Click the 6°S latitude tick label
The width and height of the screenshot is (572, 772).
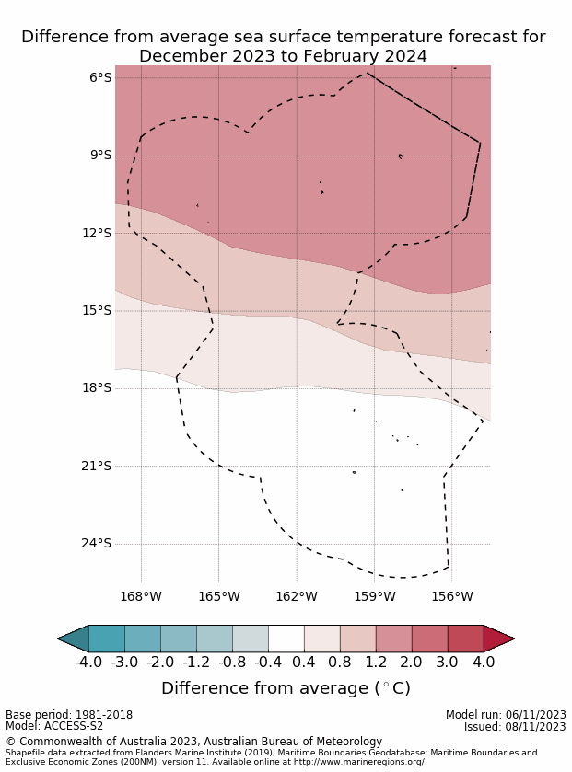click(x=100, y=77)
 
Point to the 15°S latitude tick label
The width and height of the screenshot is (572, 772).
click(x=97, y=310)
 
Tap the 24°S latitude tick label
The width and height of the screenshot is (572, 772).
click(x=97, y=543)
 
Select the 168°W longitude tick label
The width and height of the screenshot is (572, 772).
click(x=141, y=596)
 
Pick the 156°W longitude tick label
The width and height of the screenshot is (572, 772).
click(x=451, y=596)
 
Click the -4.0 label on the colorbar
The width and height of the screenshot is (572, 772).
click(x=88, y=663)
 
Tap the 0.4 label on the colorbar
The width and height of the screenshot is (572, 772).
click(x=304, y=663)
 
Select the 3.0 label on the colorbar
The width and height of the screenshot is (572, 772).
click(x=448, y=663)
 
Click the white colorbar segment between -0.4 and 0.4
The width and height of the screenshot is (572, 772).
click(x=286, y=639)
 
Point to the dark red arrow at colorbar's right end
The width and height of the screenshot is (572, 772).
click(x=497, y=639)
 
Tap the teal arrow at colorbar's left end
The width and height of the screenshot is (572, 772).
click(x=74, y=639)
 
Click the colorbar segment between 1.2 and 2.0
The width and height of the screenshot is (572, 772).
click(x=393, y=639)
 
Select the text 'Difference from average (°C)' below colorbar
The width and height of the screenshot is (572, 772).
click(x=286, y=688)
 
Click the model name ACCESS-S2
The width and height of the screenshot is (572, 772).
click(x=73, y=726)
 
